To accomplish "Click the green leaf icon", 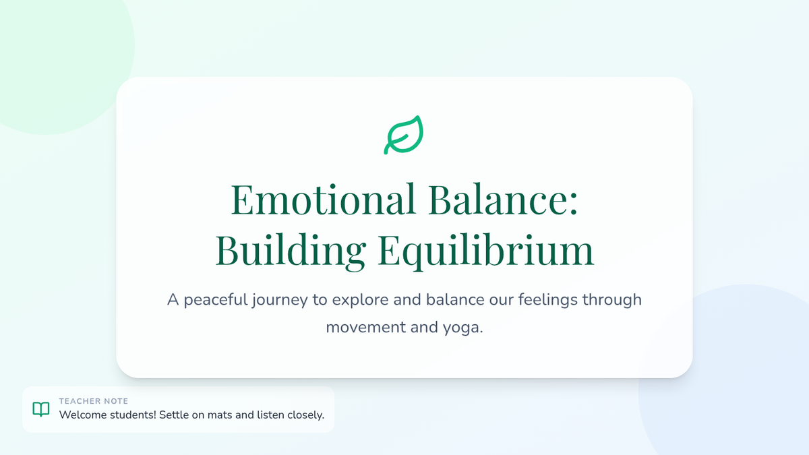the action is pos(404,135).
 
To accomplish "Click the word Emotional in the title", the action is pos(323,200).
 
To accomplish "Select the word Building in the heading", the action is pos(291,250).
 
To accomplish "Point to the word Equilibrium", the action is pos(486,250).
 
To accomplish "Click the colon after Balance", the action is pos(574,205).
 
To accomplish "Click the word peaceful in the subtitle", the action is pos(216,300).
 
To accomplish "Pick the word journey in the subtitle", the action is pos(280,301).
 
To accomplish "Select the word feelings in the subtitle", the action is pos(548,300).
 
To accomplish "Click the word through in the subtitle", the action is pos(612,300).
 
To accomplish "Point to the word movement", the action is pos(366,328).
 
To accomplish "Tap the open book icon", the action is pos(41,409).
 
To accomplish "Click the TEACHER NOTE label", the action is pos(94,401).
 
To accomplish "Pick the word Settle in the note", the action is pos(174,415).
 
